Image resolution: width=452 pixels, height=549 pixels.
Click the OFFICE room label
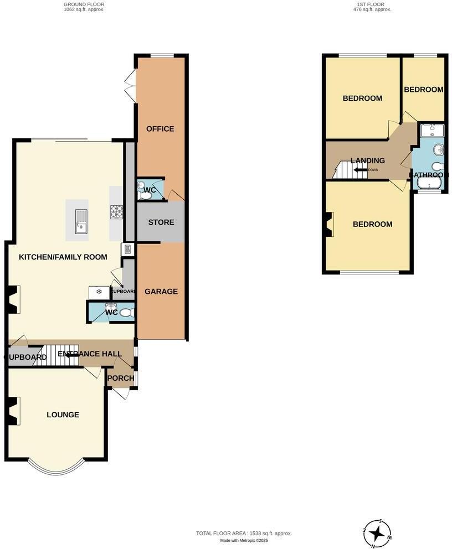pyautogui.click(x=160, y=129)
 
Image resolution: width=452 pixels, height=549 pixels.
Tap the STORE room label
pyautogui.click(x=161, y=222)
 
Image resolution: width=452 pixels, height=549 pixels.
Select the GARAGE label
pyautogui.click(x=161, y=292)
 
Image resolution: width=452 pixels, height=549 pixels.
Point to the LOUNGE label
pyautogui.click(x=63, y=415)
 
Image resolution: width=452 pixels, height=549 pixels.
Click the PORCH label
pyautogui.click(x=121, y=379)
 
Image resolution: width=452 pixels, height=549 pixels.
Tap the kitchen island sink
pyautogui.click(x=80, y=220)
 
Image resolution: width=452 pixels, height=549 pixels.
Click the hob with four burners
pyautogui.click(x=117, y=211)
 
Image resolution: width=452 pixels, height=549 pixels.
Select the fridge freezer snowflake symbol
pyautogui.click(x=99, y=292)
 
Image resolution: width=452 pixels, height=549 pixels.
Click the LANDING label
pyautogui.click(x=368, y=161)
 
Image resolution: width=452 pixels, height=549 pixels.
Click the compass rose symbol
pyautogui.click(x=377, y=534)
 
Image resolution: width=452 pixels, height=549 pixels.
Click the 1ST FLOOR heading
pyautogui.click(x=371, y=4)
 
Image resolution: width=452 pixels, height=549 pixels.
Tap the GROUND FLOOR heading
pyautogui.click(x=84, y=4)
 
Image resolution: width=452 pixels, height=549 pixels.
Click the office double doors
pyautogui.click(x=131, y=86)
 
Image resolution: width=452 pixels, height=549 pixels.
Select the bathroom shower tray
pyautogui.click(x=432, y=131)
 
